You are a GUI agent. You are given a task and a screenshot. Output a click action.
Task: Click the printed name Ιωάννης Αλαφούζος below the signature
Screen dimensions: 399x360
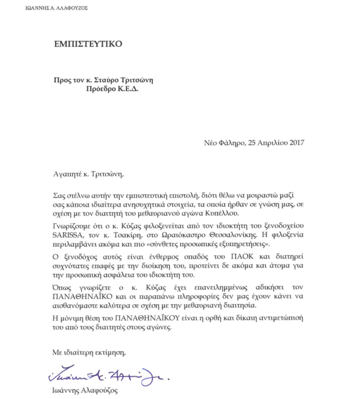(x=85, y=391)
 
